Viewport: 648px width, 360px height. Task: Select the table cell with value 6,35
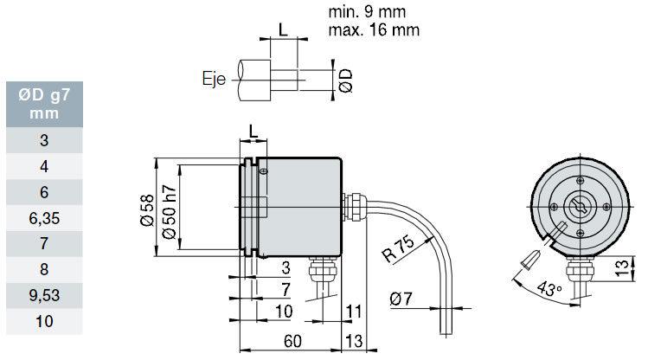43,219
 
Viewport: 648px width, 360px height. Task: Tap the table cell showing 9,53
43,295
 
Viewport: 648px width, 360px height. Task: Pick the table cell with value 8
43,270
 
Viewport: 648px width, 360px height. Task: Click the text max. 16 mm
374,30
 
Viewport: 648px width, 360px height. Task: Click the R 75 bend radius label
396,248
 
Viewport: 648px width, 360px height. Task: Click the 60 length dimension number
293,342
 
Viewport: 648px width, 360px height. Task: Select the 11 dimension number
353,311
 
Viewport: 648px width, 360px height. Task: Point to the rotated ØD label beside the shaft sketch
345,80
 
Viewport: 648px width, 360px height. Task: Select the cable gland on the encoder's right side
354,206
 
